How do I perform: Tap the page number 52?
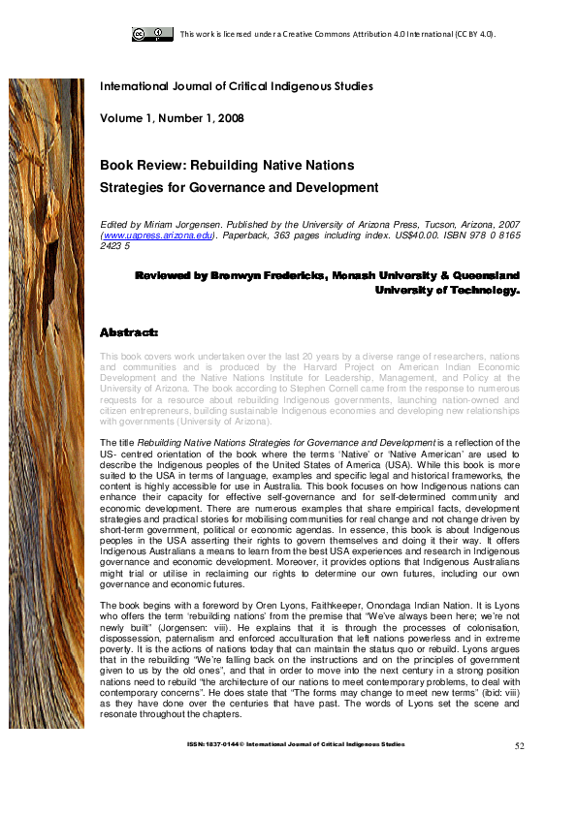519,746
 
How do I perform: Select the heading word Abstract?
129,333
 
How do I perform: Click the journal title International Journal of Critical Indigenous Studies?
237,87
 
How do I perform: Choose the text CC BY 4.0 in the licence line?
474,34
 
